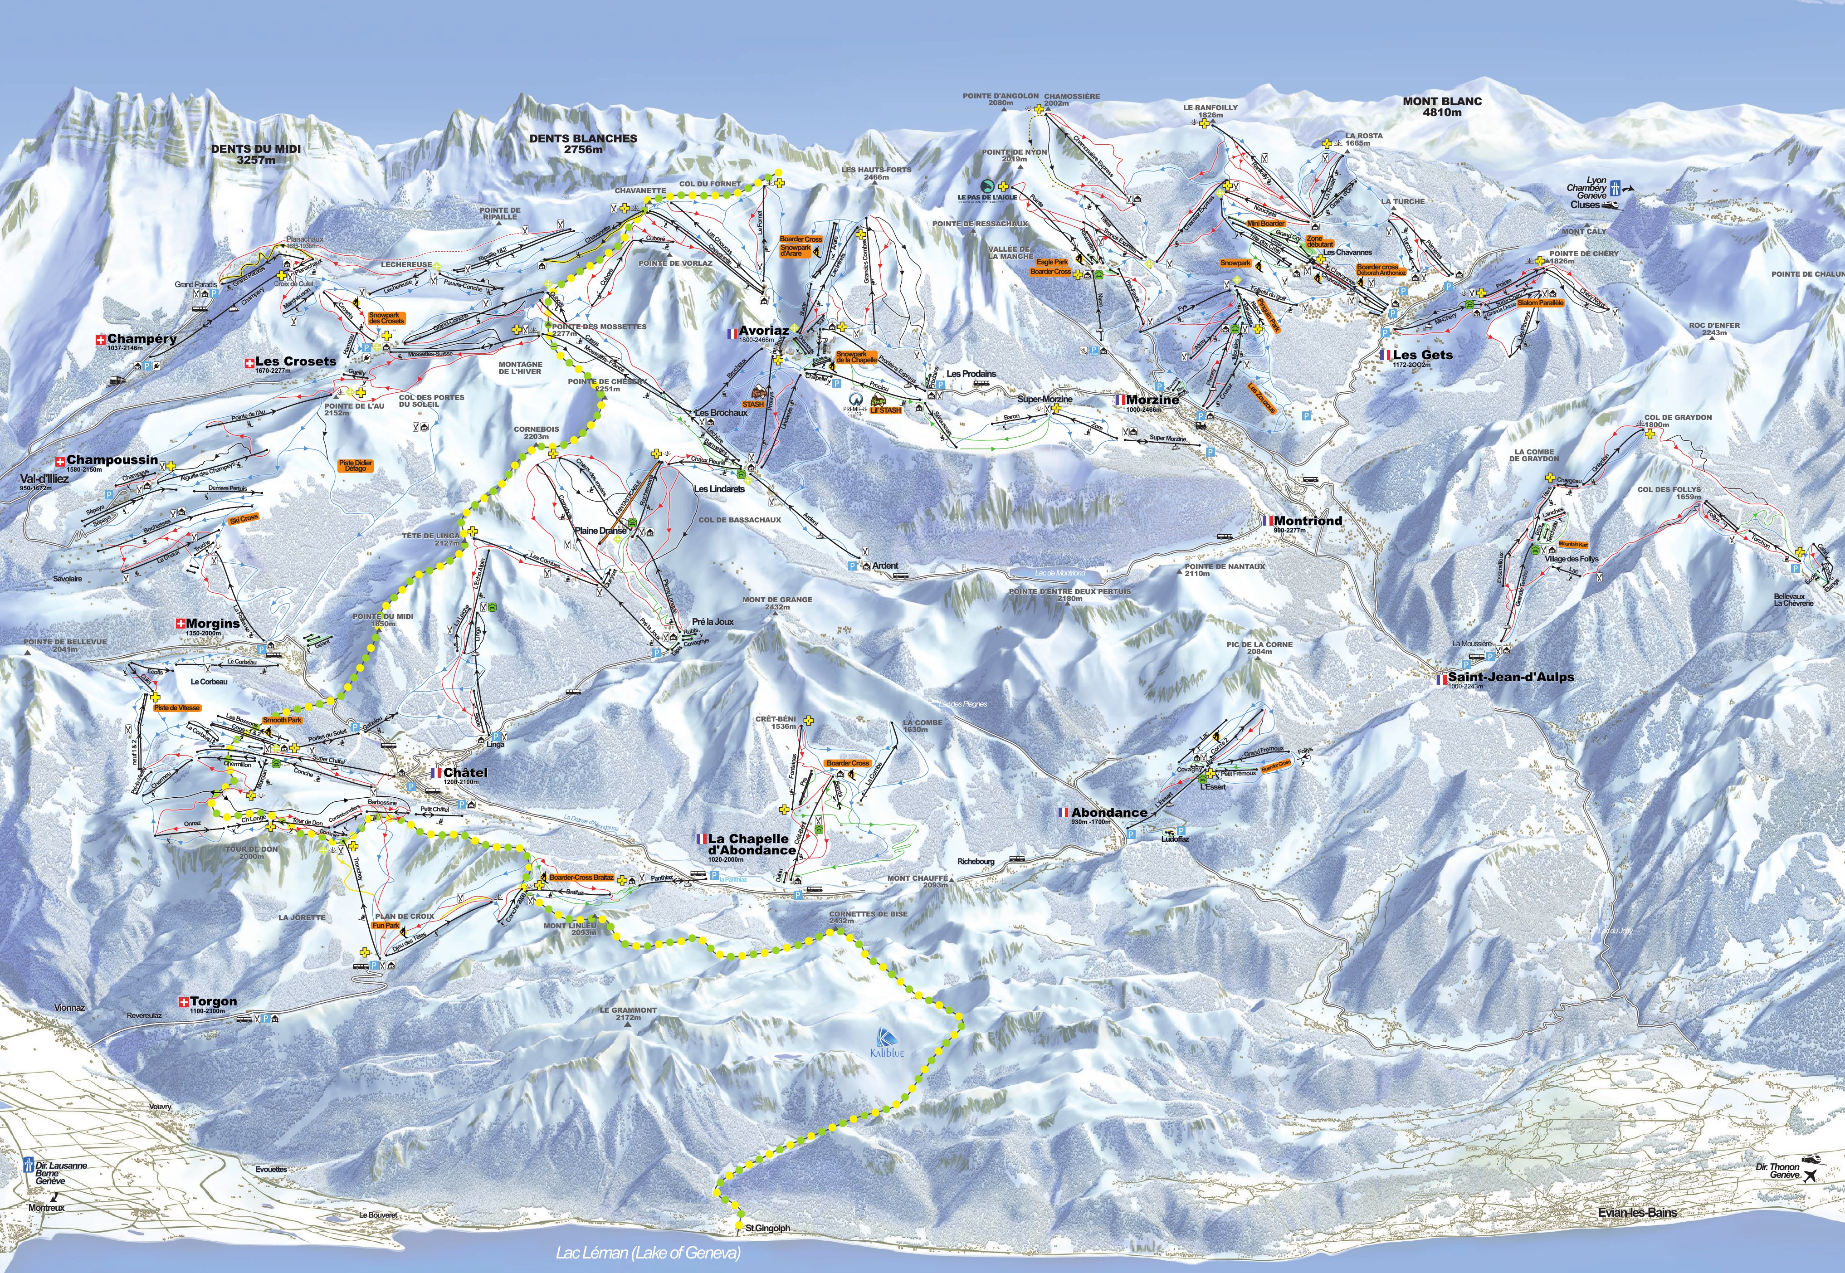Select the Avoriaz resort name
coord(763,330)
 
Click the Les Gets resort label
coord(1423,355)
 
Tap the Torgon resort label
coord(213,1002)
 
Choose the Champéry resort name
coord(142,339)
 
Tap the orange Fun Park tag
coord(386,925)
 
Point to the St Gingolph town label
coord(767,1229)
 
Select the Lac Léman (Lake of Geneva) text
coord(648,1253)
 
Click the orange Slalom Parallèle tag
coord(1540,303)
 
